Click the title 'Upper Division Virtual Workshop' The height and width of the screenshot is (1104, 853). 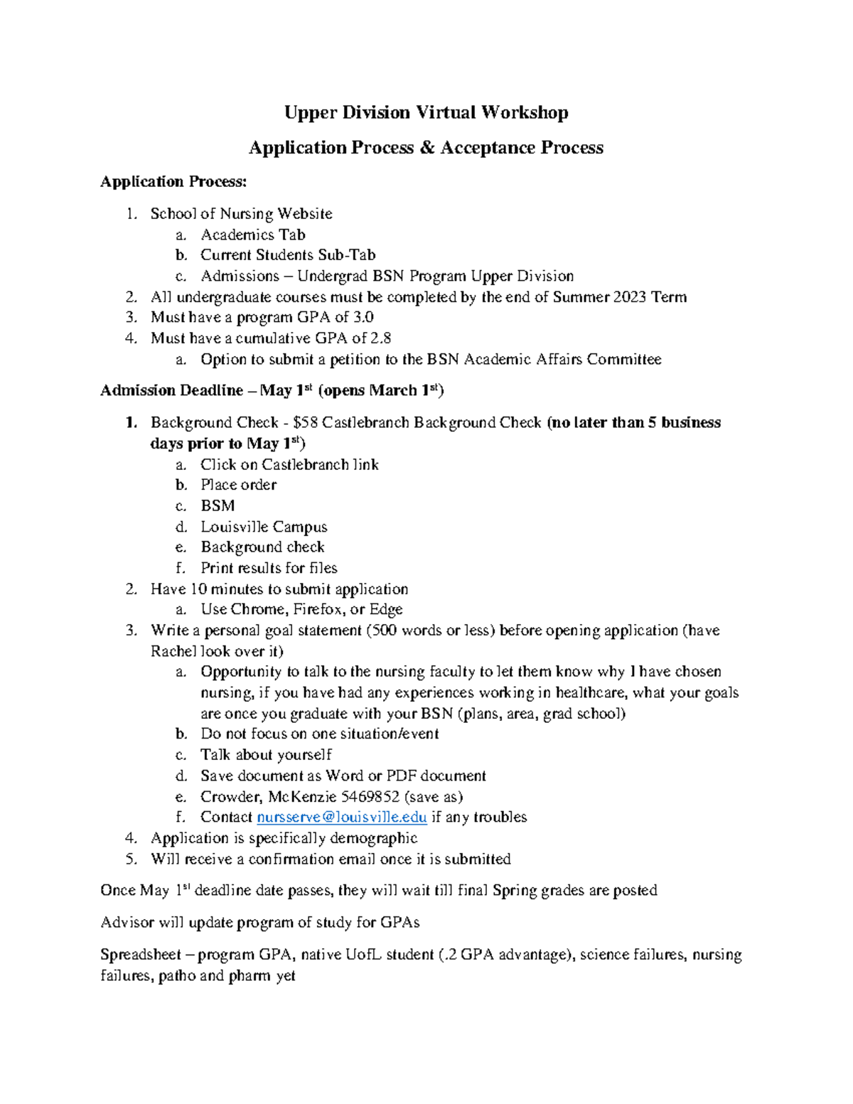[x=426, y=112]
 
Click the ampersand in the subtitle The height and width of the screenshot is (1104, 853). [x=426, y=148]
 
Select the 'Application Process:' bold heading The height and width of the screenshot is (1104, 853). [x=173, y=182]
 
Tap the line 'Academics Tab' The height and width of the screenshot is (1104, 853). [x=252, y=235]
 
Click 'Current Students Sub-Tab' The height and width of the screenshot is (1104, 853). [x=287, y=255]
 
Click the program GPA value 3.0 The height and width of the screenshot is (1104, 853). [x=363, y=318]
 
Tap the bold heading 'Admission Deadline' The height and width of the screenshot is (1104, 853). [x=171, y=391]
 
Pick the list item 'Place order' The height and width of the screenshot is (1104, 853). [x=238, y=485]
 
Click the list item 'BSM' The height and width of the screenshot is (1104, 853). [x=218, y=506]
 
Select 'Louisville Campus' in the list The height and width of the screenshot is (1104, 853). [x=264, y=527]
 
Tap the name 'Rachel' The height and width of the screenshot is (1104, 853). [x=173, y=651]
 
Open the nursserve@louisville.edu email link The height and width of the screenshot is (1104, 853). [x=341, y=818]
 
